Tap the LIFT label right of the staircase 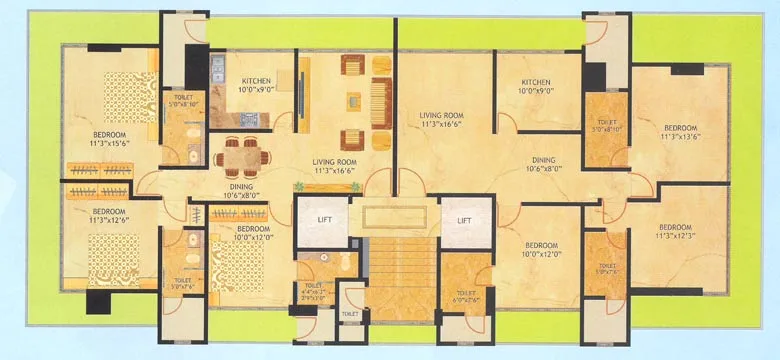point(463,221)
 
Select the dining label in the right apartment point(544,164)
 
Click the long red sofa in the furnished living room point(381,99)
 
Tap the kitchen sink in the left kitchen point(218,70)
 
